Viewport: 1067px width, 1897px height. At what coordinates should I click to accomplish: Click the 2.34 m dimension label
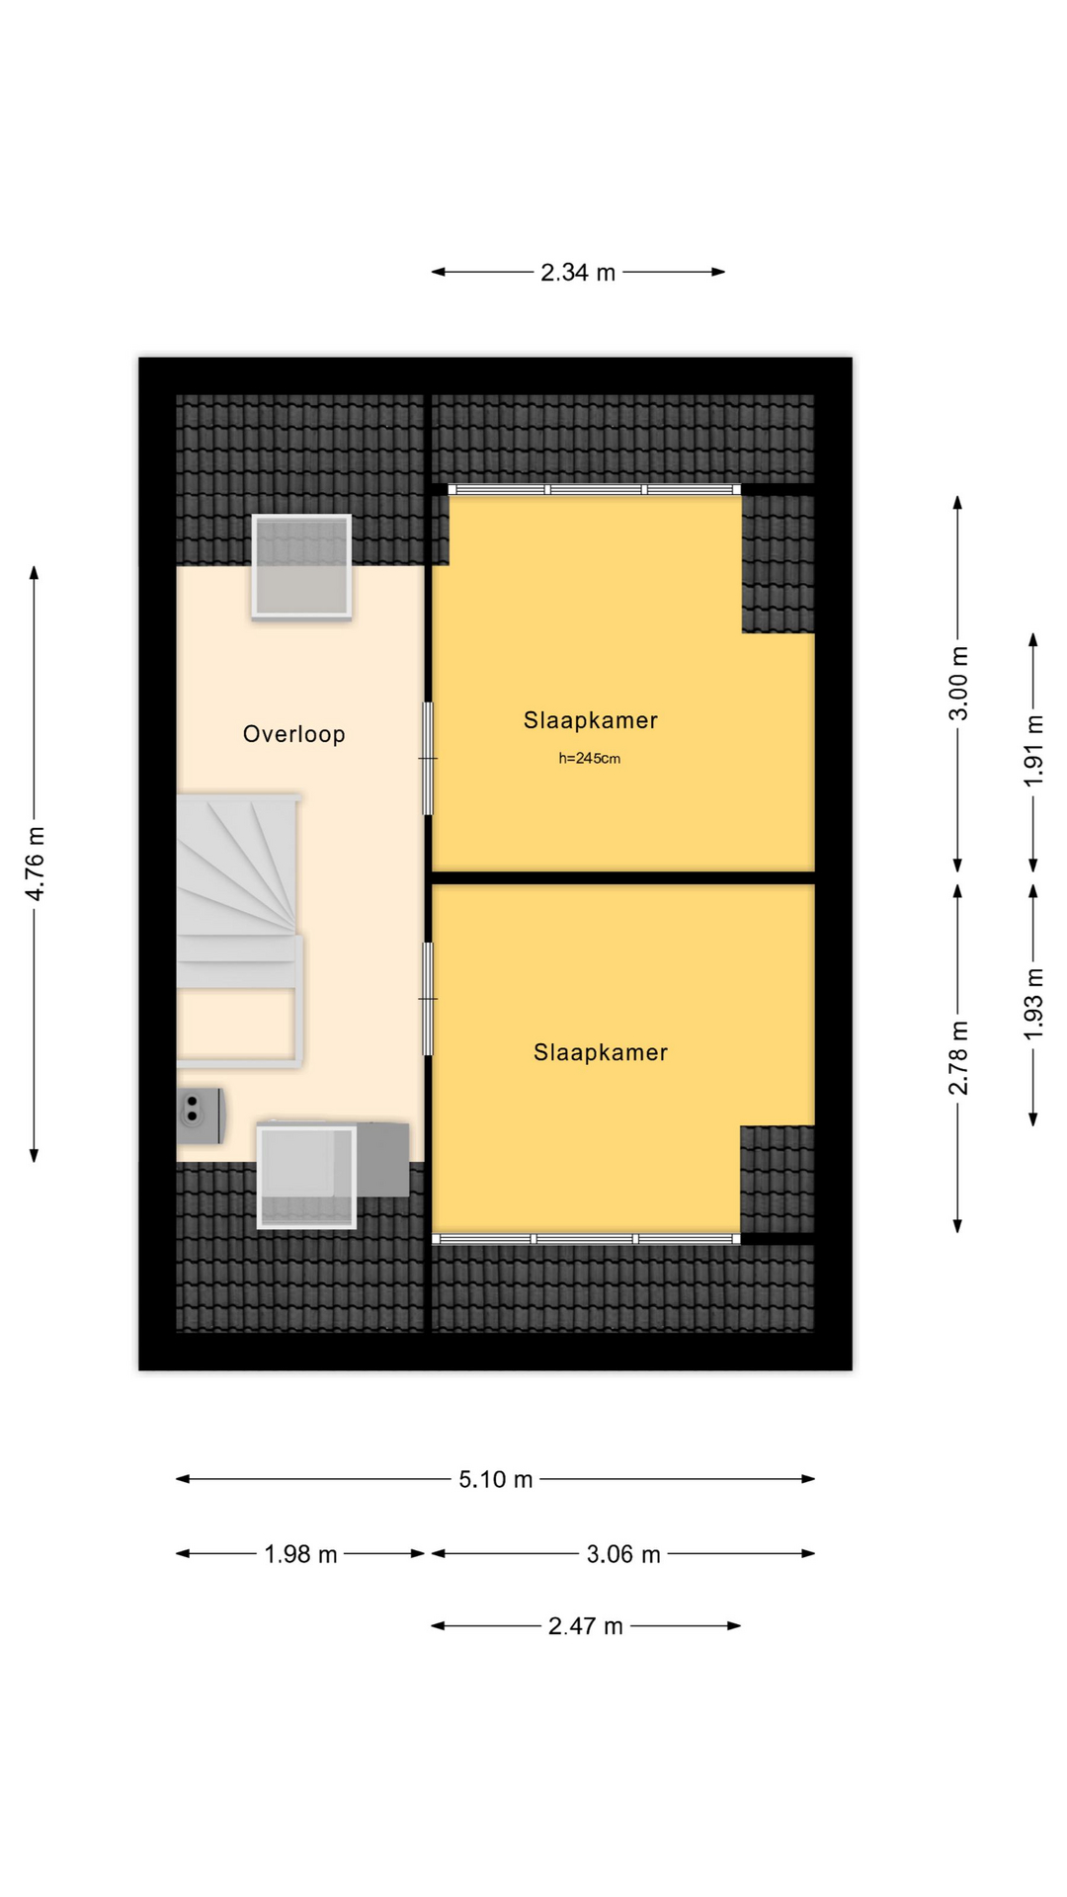tap(578, 272)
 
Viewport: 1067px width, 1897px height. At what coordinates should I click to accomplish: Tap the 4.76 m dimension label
tap(35, 864)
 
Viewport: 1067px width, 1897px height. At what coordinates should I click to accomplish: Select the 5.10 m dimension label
tap(496, 1479)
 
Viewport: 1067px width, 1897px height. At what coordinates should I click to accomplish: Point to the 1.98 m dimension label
tap(300, 1554)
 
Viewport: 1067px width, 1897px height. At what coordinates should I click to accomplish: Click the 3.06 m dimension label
tap(623, 1554)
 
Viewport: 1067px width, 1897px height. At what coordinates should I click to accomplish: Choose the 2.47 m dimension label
tap(586, 1626)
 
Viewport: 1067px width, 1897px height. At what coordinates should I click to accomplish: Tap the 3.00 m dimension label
tap(958, 684)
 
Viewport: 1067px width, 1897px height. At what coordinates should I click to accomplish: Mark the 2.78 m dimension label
tap(958, 1058)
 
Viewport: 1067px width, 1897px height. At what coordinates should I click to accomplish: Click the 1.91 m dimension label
tap(1033, 751)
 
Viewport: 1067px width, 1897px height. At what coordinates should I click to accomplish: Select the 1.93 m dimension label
tap(1033, 1003)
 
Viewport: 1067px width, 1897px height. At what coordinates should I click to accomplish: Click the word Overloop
tap(294, 734)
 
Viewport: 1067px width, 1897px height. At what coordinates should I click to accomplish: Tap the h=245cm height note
tap(590, 759)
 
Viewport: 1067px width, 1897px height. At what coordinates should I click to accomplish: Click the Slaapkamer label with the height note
tap(591, 720)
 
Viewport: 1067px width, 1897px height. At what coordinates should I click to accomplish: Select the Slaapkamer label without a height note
tap(601, 1052)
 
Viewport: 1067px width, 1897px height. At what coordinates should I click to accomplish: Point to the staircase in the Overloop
tap(238, 929)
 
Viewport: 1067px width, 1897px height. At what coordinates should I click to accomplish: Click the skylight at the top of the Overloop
tap(301, 567)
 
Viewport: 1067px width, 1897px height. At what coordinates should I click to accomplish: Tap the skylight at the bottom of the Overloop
tap(306, 1177)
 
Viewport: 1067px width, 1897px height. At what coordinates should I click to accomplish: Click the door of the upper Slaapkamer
tap(428, 759)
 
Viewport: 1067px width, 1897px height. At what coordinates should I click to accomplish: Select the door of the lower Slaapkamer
tap(428, 999)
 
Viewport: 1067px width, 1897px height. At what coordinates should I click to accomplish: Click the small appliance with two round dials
tap(201, 1115)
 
